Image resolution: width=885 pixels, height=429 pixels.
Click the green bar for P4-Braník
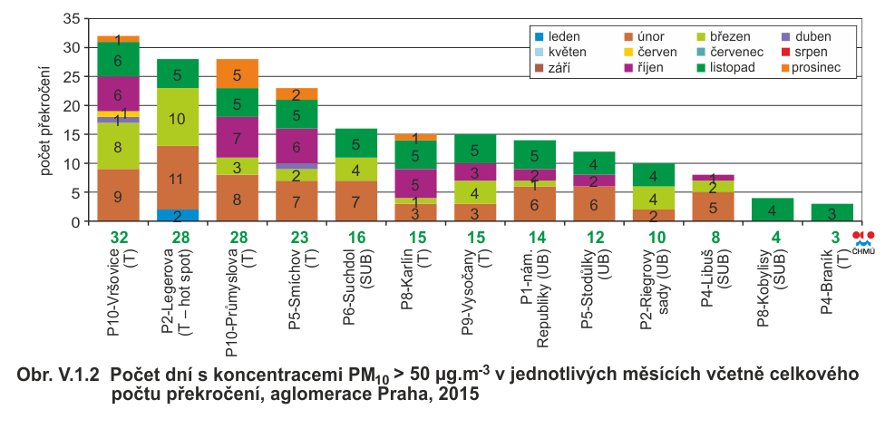[832, 212]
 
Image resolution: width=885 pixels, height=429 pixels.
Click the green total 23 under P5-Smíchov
[295, 237]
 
